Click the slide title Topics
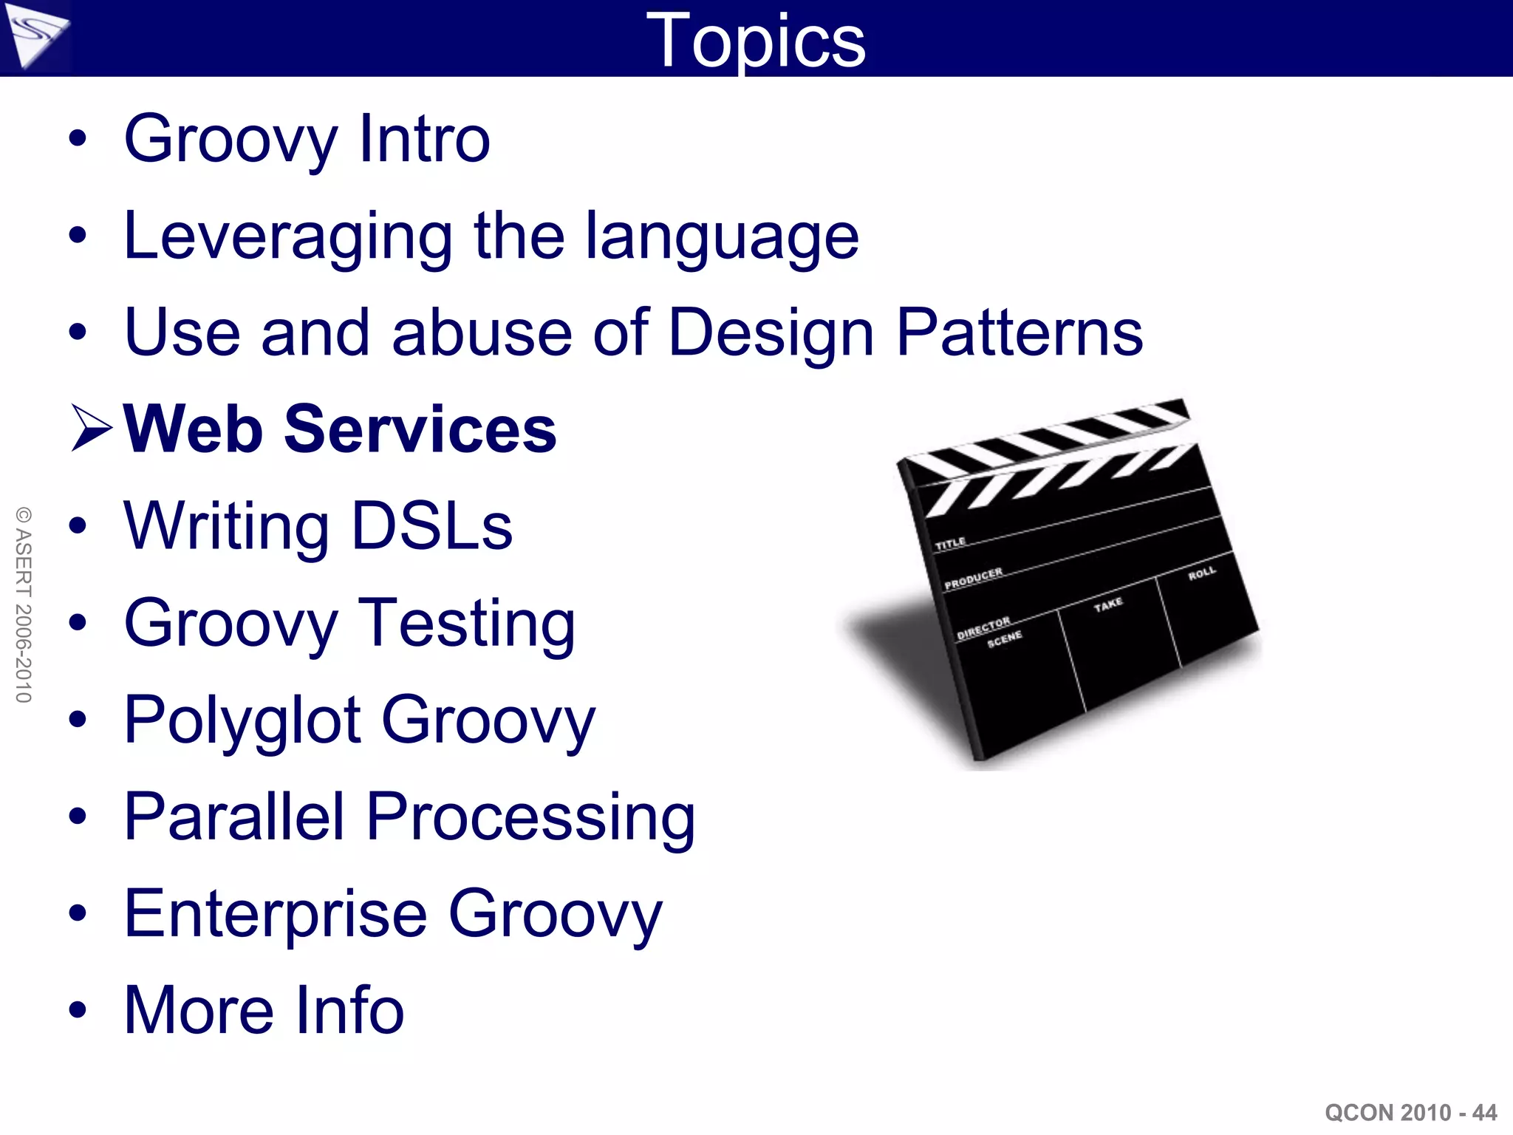pyautogui.click(x=755, y=41)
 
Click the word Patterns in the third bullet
pyautogui.click(x=1019, y=333)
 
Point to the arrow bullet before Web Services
pyautogui.click(x=92, y=428)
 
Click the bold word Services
pyautogui.click(x=420, y=429)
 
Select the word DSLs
pyautogui.click(x=431, y=526)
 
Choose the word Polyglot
pyautogui.click(x=242, y=720)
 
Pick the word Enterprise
pyautogui.click(x=276, y=914)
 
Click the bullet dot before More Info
pyautogui.click(x=78, y=1010)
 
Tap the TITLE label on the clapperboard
pyautogui.click(x=950, y=544)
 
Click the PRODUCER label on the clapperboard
pyautogui.click(x=973, y=579)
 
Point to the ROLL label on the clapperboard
pyautogui.click(x=1201, y=573)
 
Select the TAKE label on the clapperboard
pyautogui.click(x=1108, y=604)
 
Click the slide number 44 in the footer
pyautogui.click(x=1484, y=1112)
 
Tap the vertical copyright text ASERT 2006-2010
pyautogui.click(x=24, y=604)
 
